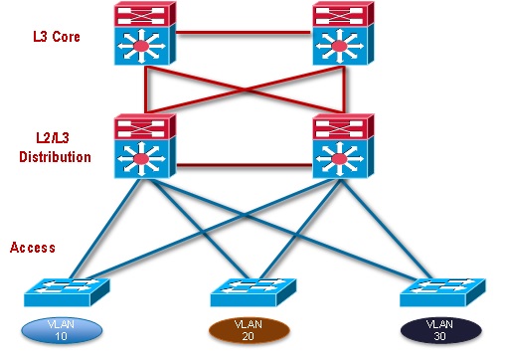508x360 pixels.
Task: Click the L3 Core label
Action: coord(56,37)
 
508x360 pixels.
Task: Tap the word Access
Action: coord(34,246)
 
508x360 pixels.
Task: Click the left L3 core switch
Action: coord(145,36)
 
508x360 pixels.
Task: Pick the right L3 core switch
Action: coord(343,36)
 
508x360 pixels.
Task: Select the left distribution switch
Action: coord(145,148)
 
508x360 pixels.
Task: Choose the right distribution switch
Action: coord(343,148)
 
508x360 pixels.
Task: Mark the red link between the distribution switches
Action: coord(245,164)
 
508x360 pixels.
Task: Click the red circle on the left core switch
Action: coord(145,47)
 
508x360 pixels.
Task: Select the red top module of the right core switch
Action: coord(343,14)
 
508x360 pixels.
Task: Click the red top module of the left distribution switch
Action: coord(145,126)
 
